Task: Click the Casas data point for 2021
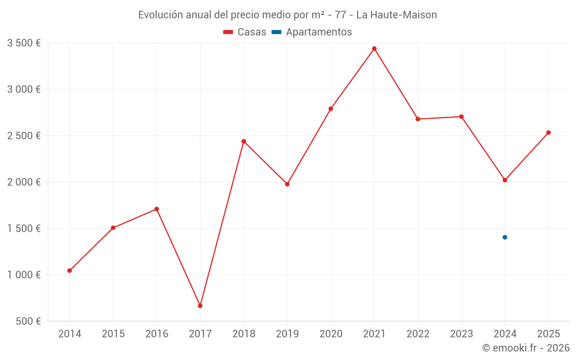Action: [374, 48]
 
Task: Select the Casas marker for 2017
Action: [200, 305]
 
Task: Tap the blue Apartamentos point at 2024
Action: [505, 237]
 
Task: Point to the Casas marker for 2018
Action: [244, 141]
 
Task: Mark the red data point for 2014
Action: [70, 270]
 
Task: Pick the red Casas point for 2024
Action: [505, 180]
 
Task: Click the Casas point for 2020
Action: [331, 109]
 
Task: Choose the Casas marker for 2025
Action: [548, 132]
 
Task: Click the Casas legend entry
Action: [245, 32]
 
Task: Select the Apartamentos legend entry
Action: [312, 32]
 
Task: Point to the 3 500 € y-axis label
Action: [24, 43]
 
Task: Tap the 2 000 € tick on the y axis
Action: [24, 182]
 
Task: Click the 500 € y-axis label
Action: [27, 321]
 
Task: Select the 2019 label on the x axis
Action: [287, 334]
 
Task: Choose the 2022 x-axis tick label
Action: [418, 334]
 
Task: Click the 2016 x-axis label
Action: [157, 334]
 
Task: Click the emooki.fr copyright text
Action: [526, 348]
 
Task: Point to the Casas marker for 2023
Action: [461, 116]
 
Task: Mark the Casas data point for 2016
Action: [157, 209]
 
